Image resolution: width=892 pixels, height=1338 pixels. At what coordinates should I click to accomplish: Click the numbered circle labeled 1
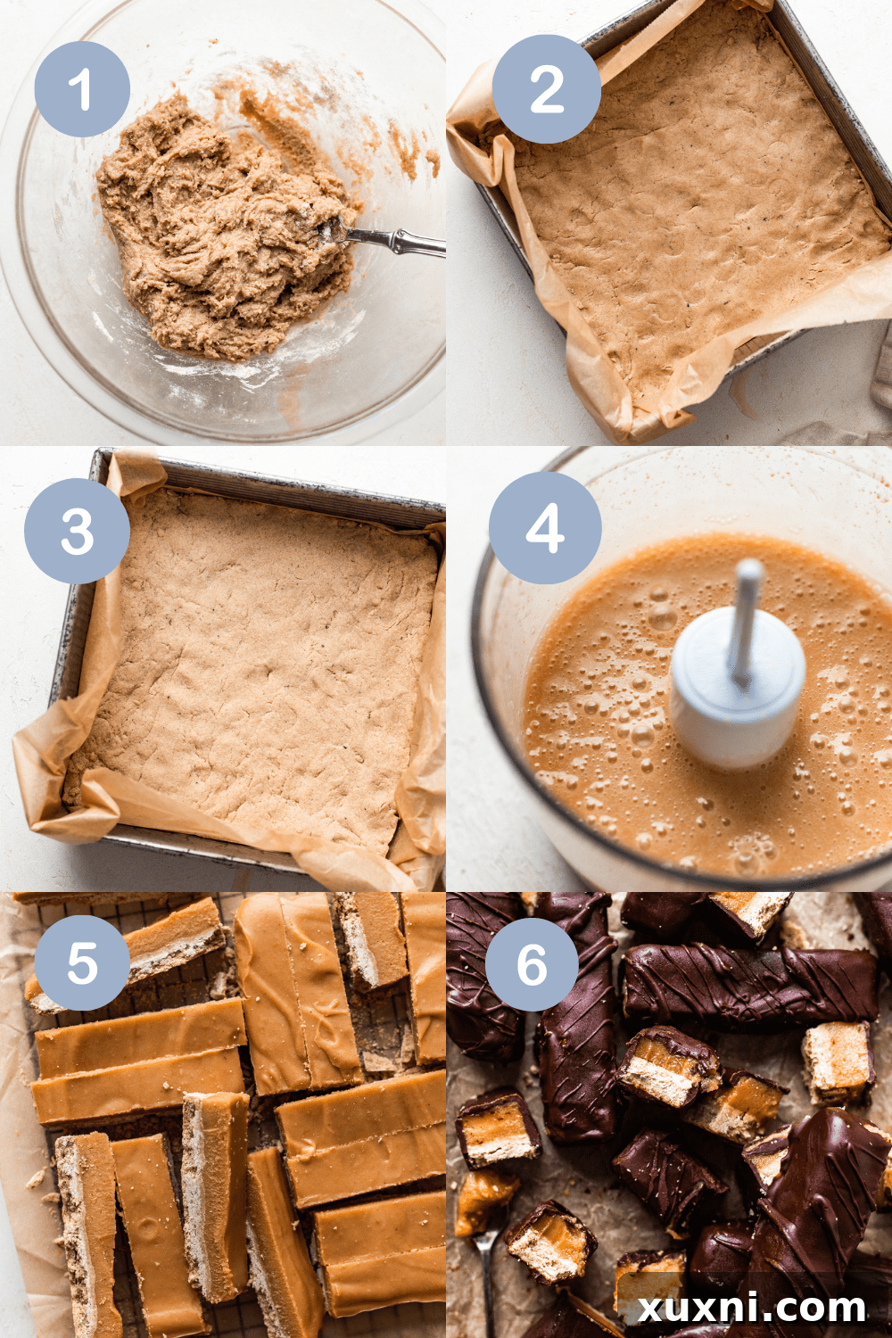(82, 89)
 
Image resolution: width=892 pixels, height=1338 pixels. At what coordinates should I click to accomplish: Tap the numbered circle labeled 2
(546, 89)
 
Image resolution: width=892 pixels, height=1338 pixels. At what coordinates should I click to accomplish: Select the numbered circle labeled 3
(78, 532)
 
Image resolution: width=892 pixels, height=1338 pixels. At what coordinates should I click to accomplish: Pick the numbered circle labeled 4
(545, 528)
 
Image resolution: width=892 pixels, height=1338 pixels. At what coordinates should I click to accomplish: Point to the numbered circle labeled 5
(83, 962)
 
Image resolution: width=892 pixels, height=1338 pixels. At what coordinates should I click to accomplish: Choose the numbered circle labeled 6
(532, 965)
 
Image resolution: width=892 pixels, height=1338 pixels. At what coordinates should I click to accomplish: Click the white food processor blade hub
(736, 691)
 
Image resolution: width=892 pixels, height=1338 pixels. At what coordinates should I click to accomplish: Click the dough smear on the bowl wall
(277, 125)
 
